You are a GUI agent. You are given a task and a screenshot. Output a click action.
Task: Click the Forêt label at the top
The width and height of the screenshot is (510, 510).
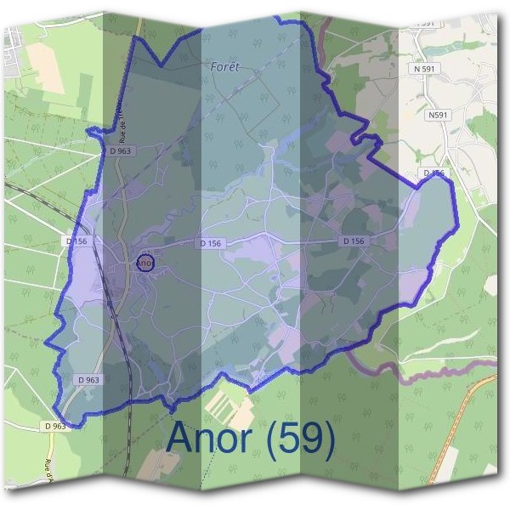coord(225,65)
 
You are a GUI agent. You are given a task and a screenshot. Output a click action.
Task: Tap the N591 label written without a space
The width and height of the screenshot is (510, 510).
coord(438,115)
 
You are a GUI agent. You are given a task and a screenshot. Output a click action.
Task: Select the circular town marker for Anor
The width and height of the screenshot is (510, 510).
coord(145,263)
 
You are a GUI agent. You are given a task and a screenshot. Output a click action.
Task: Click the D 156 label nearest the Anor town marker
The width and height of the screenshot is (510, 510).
coord(211,243)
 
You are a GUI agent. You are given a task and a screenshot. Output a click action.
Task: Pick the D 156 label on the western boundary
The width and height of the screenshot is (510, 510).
coord(77,241)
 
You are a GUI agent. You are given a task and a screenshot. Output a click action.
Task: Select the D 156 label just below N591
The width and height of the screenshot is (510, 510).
coord(433,173)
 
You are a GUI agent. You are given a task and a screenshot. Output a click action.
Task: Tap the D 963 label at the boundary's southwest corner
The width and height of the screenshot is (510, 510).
coord(54,426)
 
